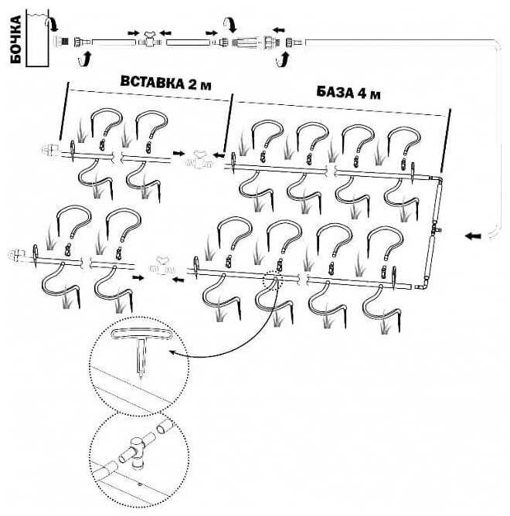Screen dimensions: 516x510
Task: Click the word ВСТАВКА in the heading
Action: click(x=151, y=83)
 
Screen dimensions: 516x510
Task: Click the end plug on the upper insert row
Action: click(x=52, y=149)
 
